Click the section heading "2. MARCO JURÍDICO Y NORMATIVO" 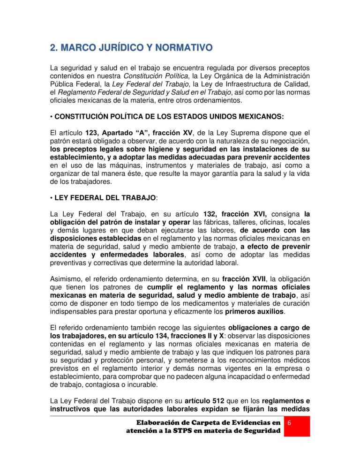point(131,48)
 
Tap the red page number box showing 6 point(289,423)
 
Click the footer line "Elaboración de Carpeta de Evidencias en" point(205,423)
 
